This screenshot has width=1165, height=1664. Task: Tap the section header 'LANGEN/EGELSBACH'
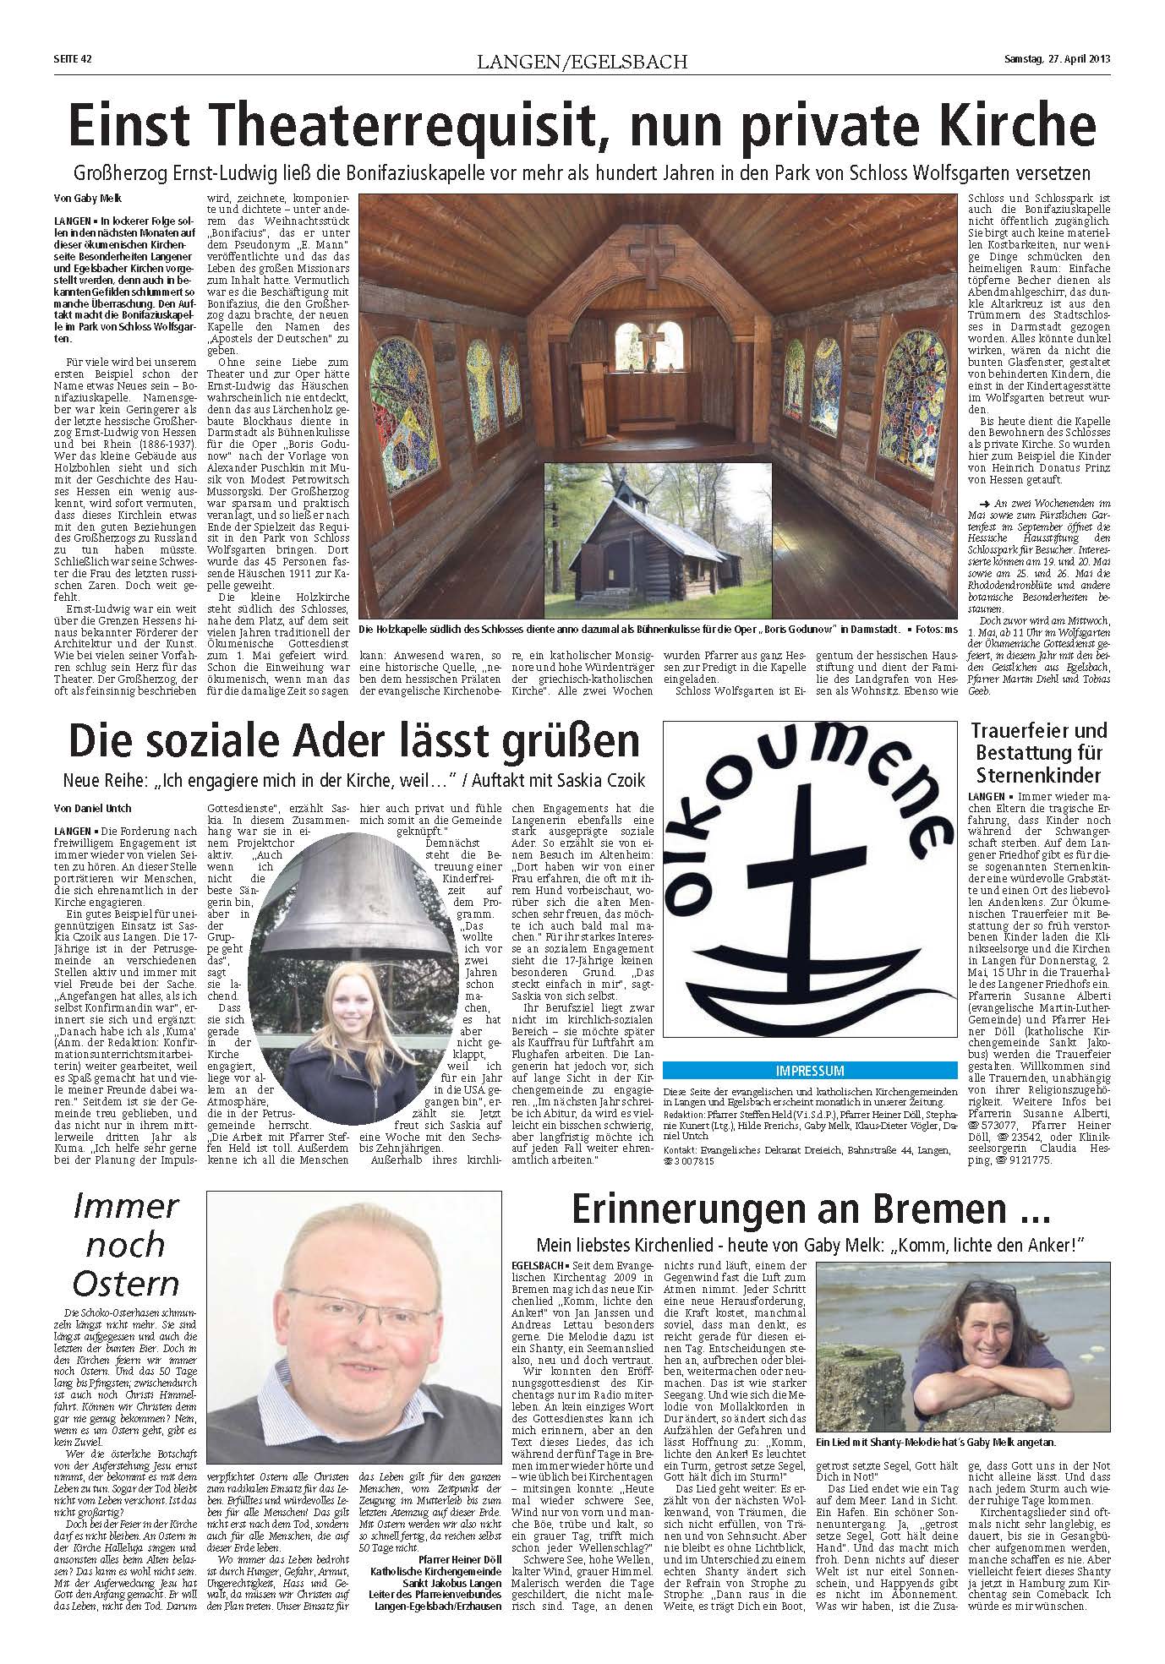(582, 61)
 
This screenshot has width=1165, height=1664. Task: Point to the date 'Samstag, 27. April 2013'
(1056, 59)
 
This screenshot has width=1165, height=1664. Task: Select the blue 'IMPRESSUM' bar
(812, 1071)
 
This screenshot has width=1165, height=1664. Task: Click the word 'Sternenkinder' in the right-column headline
(1037, 775)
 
